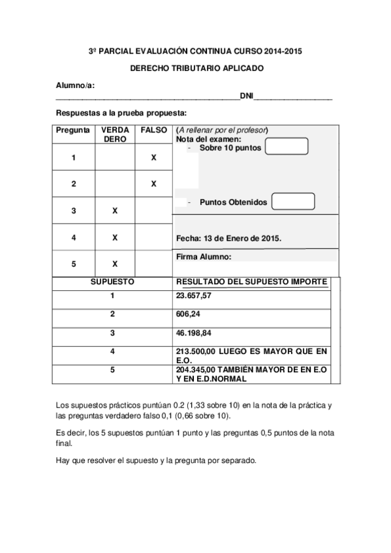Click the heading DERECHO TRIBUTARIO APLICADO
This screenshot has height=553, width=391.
[195, 67]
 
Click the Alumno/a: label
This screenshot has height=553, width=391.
[76, 85]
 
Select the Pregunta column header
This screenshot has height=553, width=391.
[73, 130]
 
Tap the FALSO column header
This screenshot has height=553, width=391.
[153, 130]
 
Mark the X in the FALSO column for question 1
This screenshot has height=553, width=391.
[153, 158]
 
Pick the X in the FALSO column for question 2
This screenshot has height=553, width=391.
[153, 184]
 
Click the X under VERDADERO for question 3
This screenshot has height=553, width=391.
[115, 211]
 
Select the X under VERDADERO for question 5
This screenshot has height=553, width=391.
[115, 264]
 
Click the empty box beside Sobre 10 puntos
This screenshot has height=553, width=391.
[287, 147]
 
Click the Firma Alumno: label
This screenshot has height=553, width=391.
[204, 257]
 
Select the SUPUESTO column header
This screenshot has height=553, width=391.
[112, 282]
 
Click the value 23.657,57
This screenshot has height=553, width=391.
[195, 295]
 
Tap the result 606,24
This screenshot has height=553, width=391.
[187, 314]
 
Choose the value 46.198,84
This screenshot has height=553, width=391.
[195, 333]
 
